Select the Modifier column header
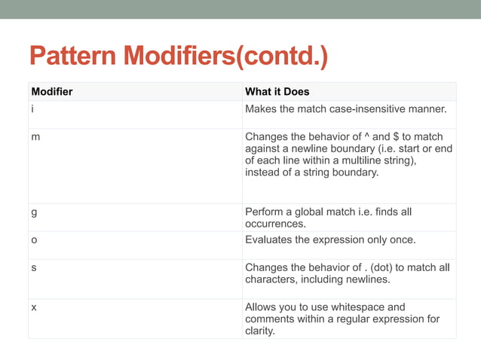point(52,92)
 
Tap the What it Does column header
point(277,92)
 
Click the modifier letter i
point(32,110)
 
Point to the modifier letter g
point(33,212)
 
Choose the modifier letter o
point(33,240)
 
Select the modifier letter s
point(33,267)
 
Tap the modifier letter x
point(33,307)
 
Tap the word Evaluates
point(271,240)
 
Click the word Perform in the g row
point(265,212)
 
